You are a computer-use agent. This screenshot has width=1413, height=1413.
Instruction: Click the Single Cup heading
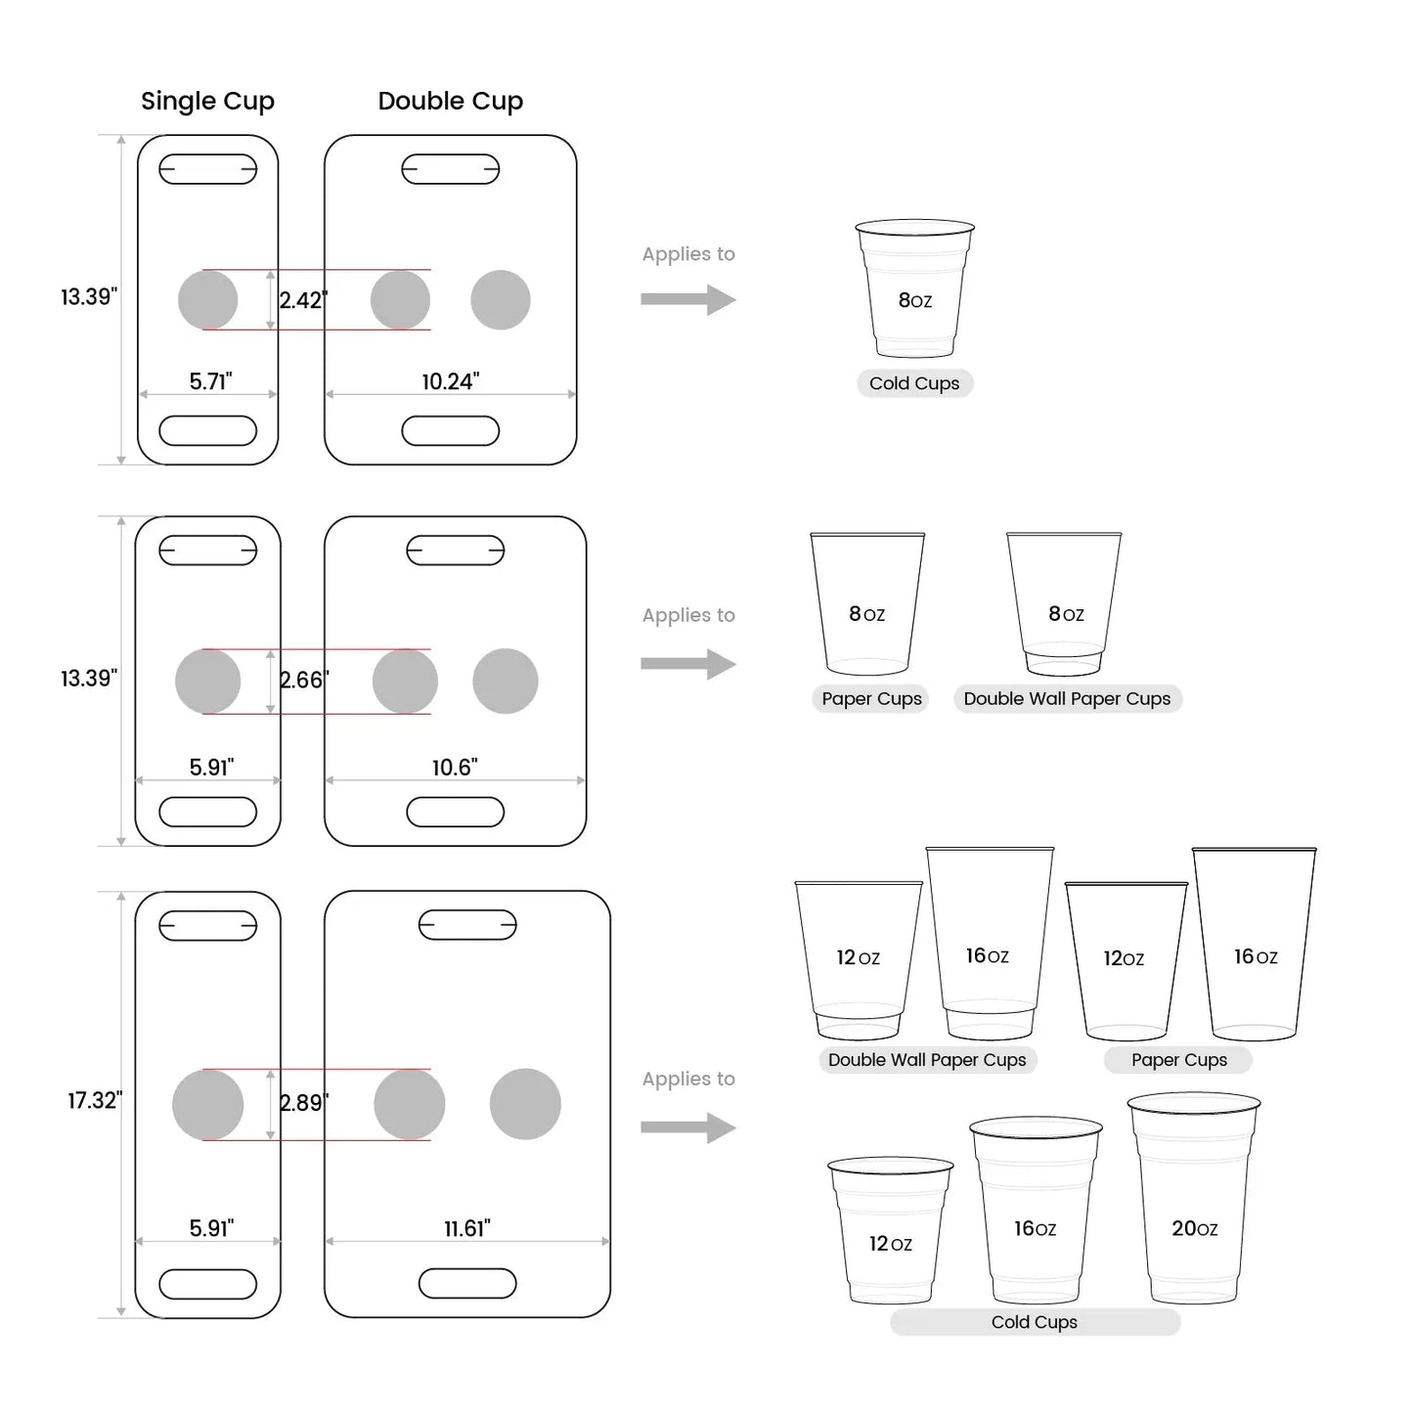(207, 101)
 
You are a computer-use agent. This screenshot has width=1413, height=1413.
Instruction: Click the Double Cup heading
(450, 101)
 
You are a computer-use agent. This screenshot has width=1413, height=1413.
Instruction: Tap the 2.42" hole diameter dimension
(302, 300)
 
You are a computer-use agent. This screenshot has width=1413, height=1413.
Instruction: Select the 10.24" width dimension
(450, 381)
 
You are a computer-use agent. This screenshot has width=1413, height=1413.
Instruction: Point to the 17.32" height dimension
(94, 1100)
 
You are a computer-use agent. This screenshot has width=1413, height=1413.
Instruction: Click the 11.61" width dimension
(466, 1228)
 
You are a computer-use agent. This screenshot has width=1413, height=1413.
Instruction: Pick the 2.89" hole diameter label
(303, 1103)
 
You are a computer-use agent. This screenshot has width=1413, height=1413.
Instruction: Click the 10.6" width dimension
(454, 768)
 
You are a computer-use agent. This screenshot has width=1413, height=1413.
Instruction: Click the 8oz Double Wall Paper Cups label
(1067, 698)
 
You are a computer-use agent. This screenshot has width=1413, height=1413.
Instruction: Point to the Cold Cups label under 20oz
(1034, 1322)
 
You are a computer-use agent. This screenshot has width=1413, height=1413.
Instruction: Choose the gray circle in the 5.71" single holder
(207, 300)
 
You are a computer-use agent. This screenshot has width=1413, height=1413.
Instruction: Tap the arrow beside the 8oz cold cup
(687, 299)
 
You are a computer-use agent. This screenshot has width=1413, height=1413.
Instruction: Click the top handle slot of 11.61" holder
(467, 924)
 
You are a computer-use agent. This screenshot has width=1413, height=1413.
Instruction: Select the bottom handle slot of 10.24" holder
(450, 430)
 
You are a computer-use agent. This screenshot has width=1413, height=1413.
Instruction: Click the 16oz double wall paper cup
(989, 944)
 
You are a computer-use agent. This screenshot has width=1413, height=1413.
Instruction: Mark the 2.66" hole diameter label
(303, 680)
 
